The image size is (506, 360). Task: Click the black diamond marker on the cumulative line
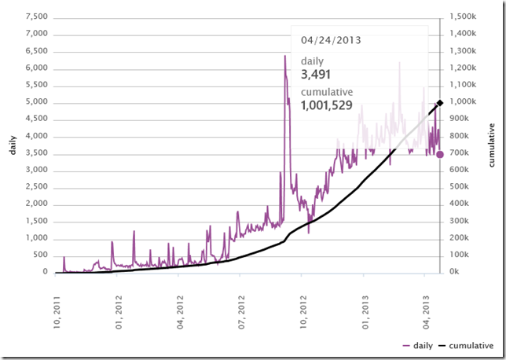[x=440, y=103]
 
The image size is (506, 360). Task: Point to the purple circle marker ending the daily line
[x=440, y=154]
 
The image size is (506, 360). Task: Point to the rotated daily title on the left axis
[x=13, y=145]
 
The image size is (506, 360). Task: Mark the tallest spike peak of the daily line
[x=284, y=56]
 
